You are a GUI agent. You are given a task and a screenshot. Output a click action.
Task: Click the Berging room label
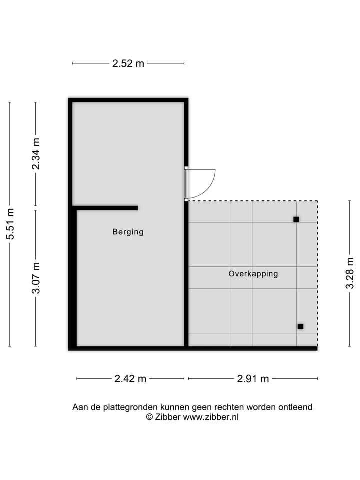click(x=128, y=232)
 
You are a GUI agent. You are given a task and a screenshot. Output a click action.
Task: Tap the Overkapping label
click(x=253, y=274)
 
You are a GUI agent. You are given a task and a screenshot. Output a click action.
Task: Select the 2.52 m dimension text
click(x=128, y=63)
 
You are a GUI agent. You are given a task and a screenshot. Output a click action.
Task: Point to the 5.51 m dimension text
click(x=10, y=224)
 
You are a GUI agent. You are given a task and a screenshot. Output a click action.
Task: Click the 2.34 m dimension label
click(x=36, y=153)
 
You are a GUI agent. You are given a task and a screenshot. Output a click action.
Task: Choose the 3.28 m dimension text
click(x=350, y=273)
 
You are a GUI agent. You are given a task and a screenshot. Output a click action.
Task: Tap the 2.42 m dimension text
click(x=130, y=379)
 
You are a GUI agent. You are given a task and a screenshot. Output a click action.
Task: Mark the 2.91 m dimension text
click(x=253, y=379)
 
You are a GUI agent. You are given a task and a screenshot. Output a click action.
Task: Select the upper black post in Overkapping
click(x=296, y=219)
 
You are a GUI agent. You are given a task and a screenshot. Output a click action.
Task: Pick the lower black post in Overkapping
click(x=300, y=326)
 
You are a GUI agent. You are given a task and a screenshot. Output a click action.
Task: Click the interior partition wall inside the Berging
click(x=106, y=208)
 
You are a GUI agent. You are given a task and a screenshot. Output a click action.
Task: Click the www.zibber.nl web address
click(x=211, y=417)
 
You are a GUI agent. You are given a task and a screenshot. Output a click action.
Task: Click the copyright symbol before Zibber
click(x=149, y=417)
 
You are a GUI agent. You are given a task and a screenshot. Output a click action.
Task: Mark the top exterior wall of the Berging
click(x=128, y=100)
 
